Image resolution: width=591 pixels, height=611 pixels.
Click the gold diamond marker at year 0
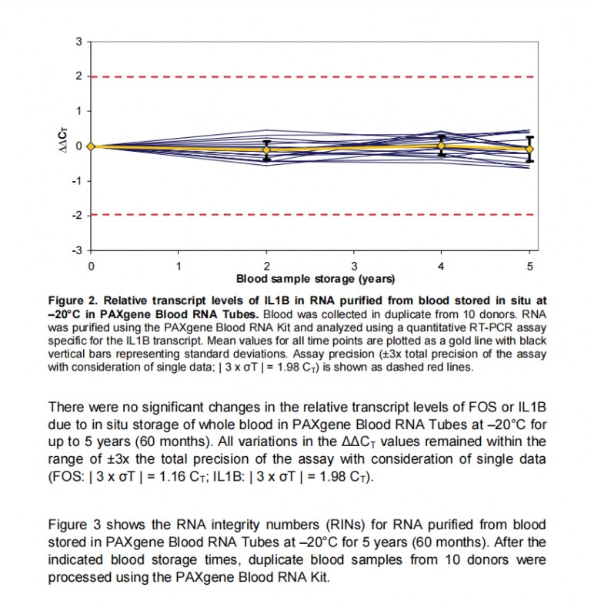click(x=91, y=146)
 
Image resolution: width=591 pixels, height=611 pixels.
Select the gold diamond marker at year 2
click(x=266, y=149)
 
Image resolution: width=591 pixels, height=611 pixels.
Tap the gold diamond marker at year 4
click(x=441, y=146)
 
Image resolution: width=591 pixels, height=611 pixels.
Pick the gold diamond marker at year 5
click(x=529, y=149)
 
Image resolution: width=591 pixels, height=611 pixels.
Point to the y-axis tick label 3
click(x=78, y=42)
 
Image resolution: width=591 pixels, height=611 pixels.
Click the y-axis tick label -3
click(x=77, y=250)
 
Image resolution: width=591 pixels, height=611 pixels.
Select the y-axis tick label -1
click(x=77, y=181)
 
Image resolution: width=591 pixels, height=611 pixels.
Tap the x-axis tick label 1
click(x=179, y=267)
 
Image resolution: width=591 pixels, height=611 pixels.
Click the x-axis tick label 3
click(x=354, y=267)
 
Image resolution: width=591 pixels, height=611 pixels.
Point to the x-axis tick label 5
click(x=529, y=267)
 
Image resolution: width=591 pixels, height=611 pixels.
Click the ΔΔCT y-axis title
click(x=62, y=140)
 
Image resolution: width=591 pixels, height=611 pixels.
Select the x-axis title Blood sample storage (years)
click(x=316, y=279)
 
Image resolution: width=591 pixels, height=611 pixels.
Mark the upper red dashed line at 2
click(x=312, y=77)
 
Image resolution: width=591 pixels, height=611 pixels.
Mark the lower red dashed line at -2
click(x=312, y=215)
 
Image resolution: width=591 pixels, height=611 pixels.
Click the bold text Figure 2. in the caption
click(x=73, y=301)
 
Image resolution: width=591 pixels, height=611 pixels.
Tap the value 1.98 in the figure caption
click(x=289, y=367)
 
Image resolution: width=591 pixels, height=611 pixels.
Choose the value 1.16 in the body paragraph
click(x=172, y=476)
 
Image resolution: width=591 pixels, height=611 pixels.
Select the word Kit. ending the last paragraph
click(x=320, y=576)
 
